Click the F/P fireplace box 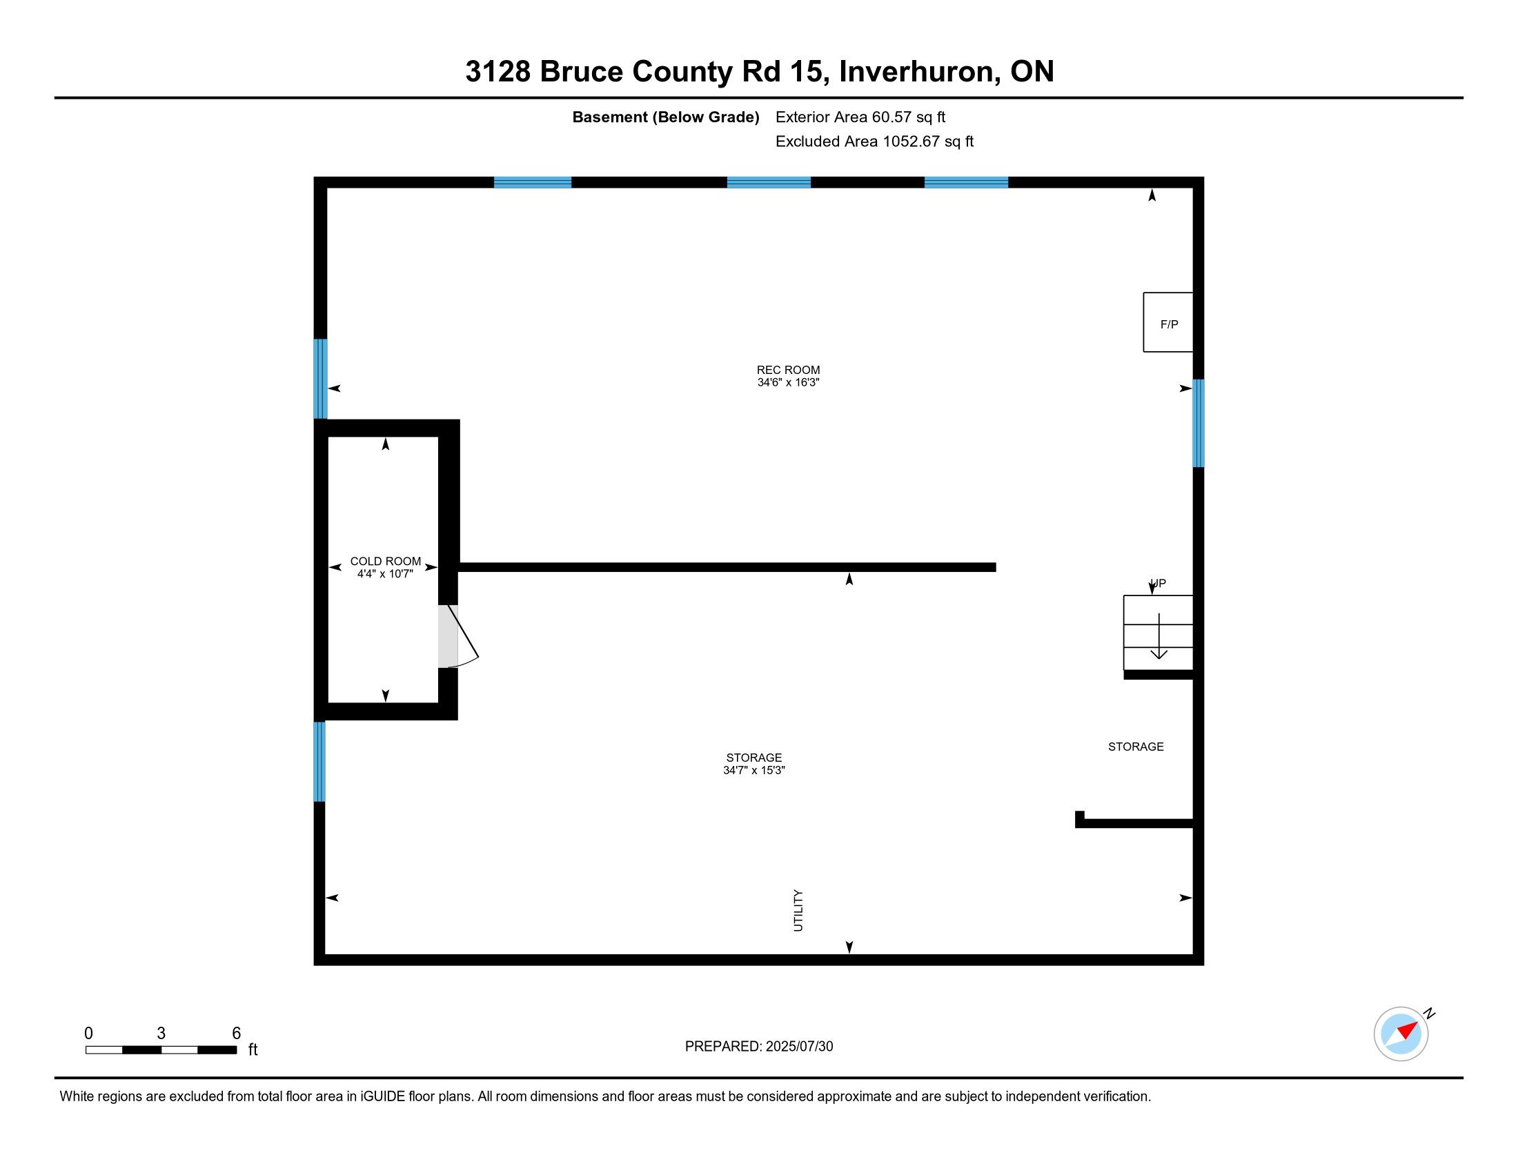coord(1168,322)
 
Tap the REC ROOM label coord(788,370)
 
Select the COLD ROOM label coord(386,561)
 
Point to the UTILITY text coord(798,910)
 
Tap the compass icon coord(1401,1034)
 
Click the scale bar coord(161,1049)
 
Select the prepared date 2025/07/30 coord(799,1047)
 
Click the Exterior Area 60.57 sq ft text coord(860,117)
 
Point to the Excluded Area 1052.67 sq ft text coord(874,141)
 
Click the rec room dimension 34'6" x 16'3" coord(788,382)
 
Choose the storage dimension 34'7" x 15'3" coord(754,770)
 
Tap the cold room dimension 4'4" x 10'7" coord(385,573)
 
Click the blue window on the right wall coord(1199,423)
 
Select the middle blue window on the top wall coord(769,183)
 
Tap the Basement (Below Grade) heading coord(666,117)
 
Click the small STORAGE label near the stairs coord(1136,747)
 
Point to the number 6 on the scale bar coord(236,1033)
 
